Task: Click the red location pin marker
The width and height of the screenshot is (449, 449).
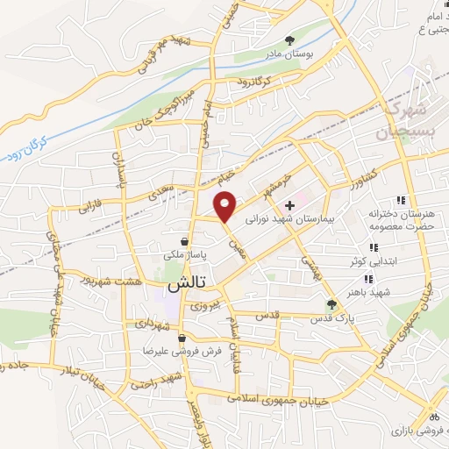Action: [x=226, y=206]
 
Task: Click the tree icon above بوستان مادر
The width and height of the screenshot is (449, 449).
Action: [x=290, y=39]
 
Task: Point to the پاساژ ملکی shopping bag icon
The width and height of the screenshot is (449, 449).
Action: [x=183, y=241]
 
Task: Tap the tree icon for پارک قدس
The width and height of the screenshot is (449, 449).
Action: [x=331, y=304]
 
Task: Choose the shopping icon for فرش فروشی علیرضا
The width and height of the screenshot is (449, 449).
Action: [x=182, y=338]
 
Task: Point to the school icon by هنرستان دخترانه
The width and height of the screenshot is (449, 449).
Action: [x=402, y=201]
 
